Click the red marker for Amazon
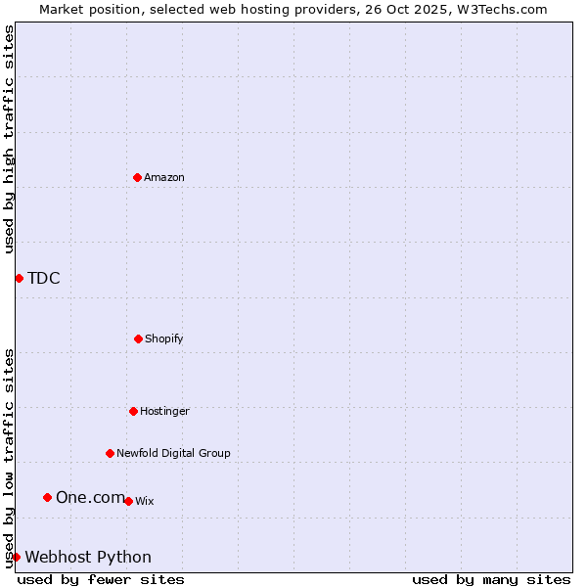click(x=137, y=177)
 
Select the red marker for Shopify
click(x=138, y=339)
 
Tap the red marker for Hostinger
click(x=133, y=411)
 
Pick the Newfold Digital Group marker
click(x=110, y=453)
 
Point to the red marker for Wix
click(x=128, y=501)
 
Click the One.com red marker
click(x=47, y=497)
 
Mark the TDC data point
click(x=19, y=278)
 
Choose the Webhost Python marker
click(x=16, y=557)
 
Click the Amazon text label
click(x=164, y=177)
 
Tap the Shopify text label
click(x=164, y=339)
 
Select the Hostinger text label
click(x=164, y=411)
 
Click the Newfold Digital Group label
click(x=173, y=453)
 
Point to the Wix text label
click(x=145, y=501)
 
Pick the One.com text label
click(x=90, y=497)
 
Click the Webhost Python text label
click(x=88, y=557)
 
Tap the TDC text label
click(x=44, y=278)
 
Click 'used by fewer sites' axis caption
click(x=101, y=579)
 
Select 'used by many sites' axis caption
click(x=491, y=579)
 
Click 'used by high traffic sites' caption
click(x=10, y=139)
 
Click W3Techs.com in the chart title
click(x=498, y=9)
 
